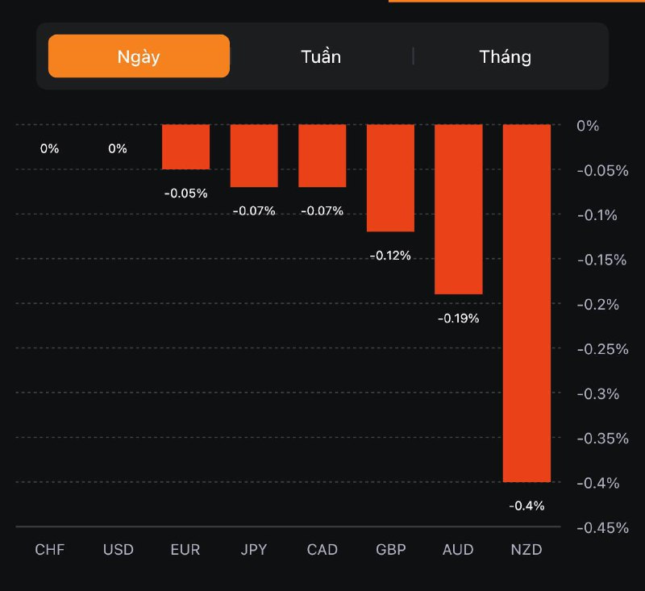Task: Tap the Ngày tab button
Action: click(x=139, y=56)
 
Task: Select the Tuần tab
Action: click(x=321, y=56)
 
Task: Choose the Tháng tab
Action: click(x=506, y=56)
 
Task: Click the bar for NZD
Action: click(x=526, y=303)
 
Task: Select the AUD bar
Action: click(x=459, y=210)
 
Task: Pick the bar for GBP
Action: click(x=391, y=178)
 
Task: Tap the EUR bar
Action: click(x=186, y=147)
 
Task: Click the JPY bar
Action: click(x=254, y=156)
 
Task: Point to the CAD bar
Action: click(x=322, y=156)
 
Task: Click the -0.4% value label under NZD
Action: click(x=526, y=506)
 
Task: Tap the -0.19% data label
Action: click(x=459, y=318)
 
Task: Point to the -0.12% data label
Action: click(x=391, y=256)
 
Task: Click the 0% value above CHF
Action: click(x=50, y=148)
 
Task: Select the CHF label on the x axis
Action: click(x=50, y=550)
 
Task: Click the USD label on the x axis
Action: click(x=118, y=550)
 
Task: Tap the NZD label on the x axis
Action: click(x=526, y=550)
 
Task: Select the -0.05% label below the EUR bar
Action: click(x=186, y=194)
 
